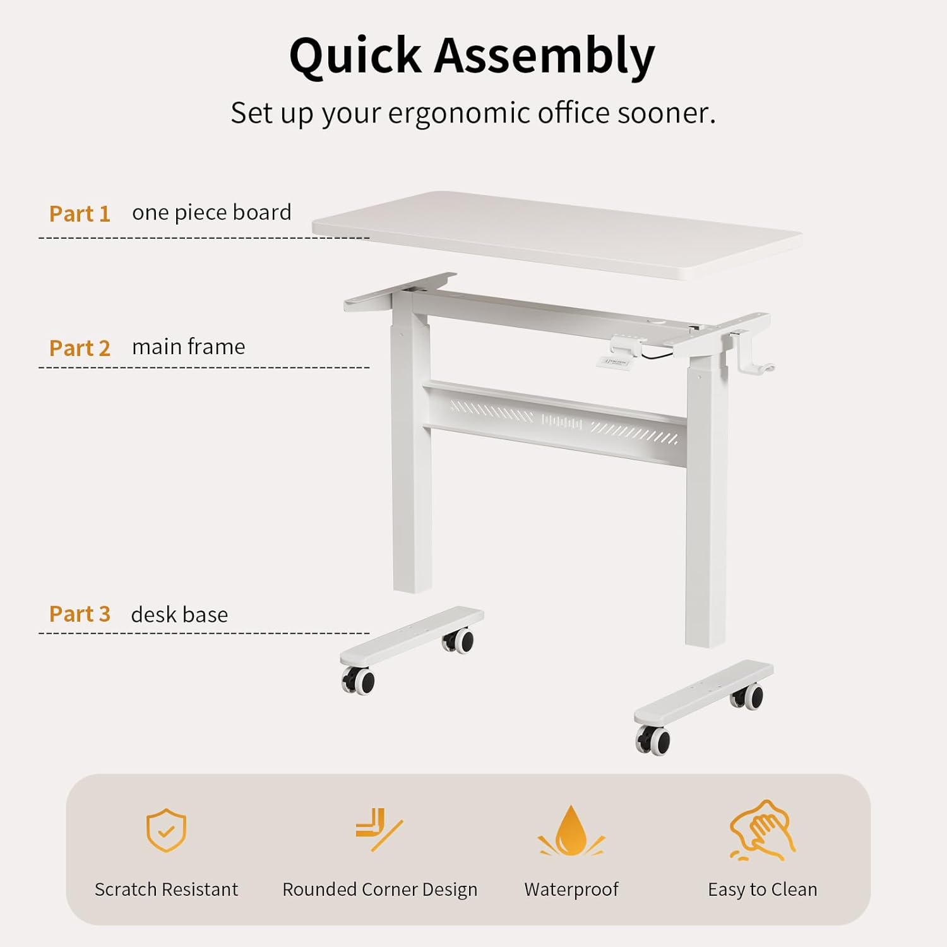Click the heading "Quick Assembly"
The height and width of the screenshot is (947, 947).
point(472,56)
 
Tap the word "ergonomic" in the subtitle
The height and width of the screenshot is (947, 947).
point(459,114)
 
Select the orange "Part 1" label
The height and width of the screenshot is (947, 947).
point(80,214)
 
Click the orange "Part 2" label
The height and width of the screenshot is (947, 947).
point(80,348)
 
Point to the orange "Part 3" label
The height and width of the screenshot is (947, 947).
point(80,614)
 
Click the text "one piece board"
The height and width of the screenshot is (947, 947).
point(211,213)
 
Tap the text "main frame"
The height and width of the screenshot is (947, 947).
point(188,347)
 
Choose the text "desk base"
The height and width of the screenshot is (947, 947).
point(179,614)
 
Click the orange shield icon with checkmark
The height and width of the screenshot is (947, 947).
point(166,830)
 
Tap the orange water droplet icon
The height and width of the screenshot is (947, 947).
point(571,831)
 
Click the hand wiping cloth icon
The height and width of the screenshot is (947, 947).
point(763,830)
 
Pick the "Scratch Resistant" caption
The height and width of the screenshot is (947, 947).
point(166,890)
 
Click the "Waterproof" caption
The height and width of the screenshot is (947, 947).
point(571,890)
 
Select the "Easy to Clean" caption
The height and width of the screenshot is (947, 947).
point(763,890)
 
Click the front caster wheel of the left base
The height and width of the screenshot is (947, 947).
point(359,681)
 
